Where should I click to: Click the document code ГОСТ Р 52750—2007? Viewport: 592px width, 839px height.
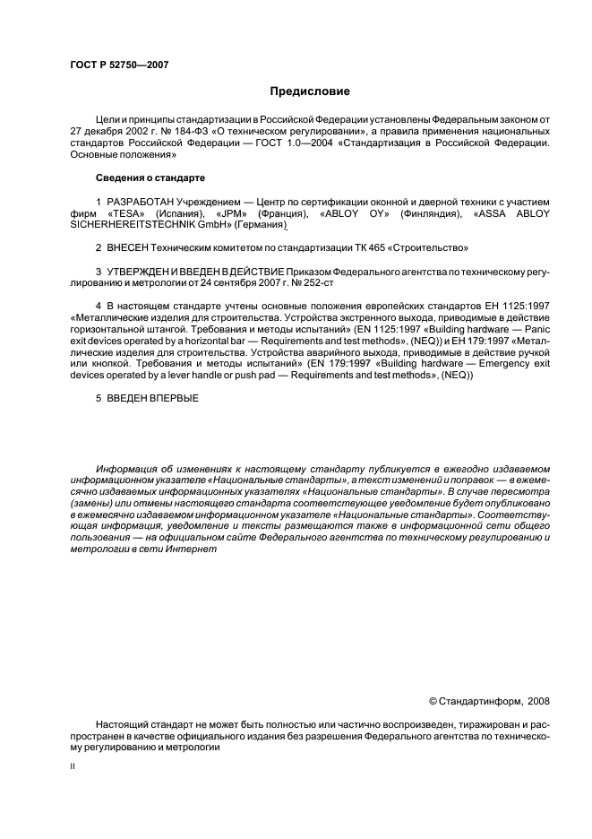pyautogui.click(x=118, y=65)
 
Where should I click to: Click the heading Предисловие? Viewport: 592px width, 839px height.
pyautogui.click(x=309, y=91)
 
